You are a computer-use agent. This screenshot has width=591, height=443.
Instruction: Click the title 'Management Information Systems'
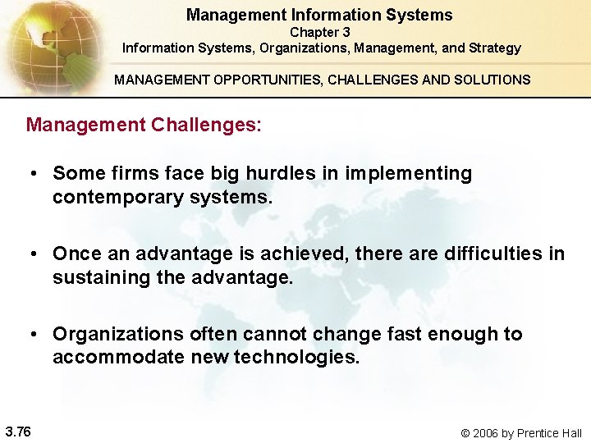coord(319,15)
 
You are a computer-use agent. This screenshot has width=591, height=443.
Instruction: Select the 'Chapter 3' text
coord(320,32)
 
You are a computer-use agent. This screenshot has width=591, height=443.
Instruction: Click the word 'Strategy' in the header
coord(495,48)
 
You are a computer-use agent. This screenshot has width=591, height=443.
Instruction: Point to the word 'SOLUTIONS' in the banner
coord(491,80)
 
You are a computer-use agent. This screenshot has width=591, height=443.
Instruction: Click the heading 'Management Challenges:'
coord(144,125)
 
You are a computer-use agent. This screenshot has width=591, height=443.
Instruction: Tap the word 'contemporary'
coord(108,198)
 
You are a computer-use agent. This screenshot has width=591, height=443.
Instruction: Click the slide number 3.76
coord(18,432)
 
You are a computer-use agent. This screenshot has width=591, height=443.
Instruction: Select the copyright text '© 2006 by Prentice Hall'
coord(520,433)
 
